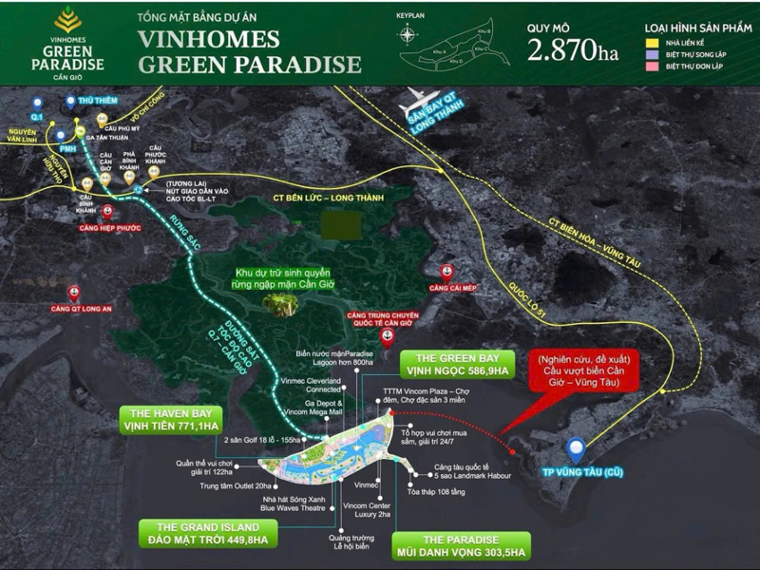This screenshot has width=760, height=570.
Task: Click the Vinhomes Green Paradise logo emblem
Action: [66, 19]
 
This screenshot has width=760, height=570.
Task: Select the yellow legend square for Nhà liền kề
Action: [651, 43]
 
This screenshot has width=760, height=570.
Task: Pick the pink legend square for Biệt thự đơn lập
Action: [651, 67]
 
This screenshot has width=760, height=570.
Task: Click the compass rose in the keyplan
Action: [408, 35]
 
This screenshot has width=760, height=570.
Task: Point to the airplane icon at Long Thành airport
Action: [415, 98]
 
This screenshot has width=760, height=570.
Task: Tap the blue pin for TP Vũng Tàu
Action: [575, 448]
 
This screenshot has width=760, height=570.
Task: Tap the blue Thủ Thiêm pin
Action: [70, 103]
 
